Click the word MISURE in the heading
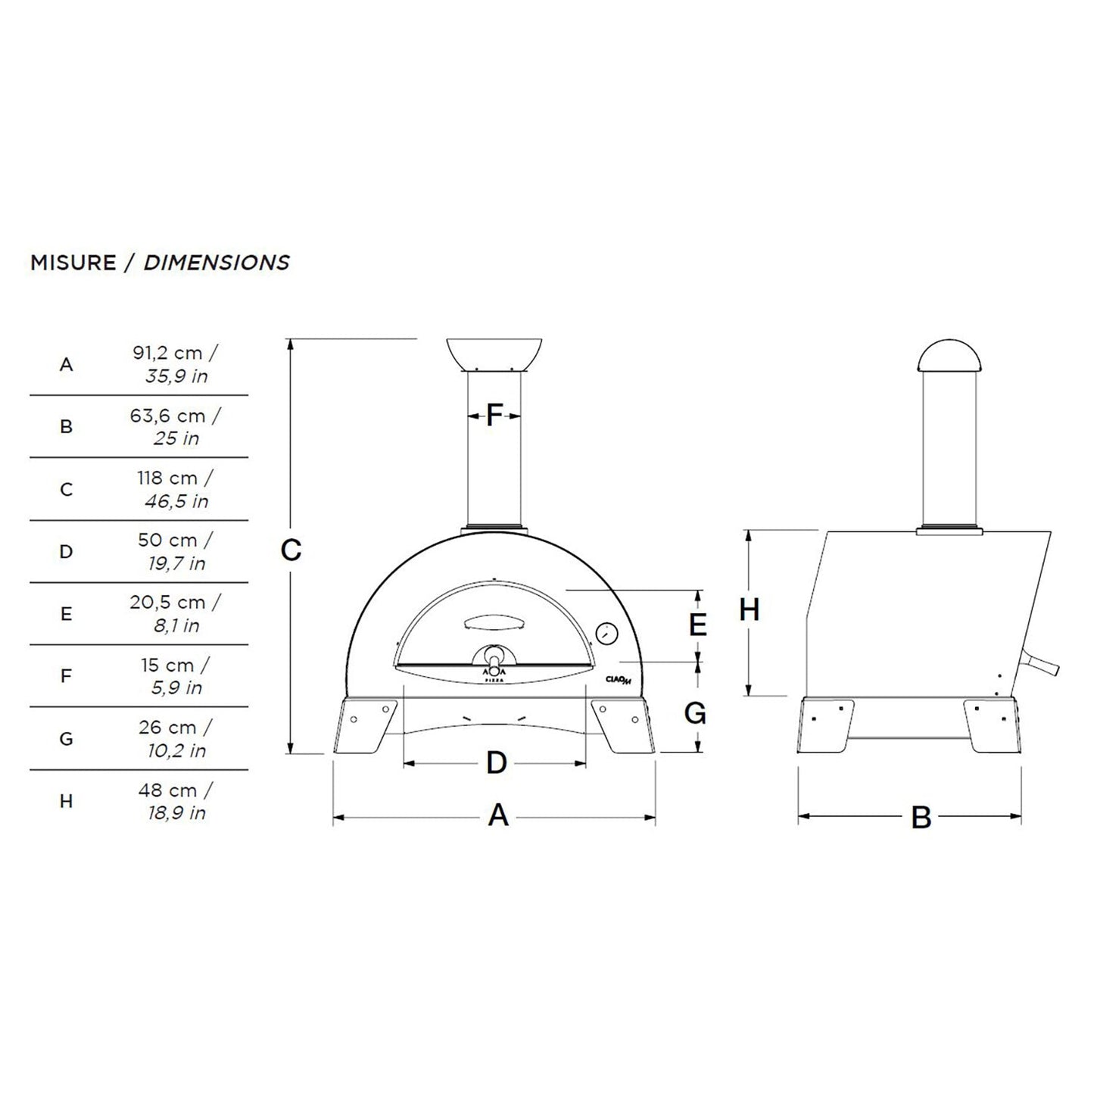(x=73, y=263)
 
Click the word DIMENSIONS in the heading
(x=217, y=263)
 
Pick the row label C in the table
(x=67, y=489)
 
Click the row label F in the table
(x=67, y=676)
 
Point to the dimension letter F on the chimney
(x=494, y=415)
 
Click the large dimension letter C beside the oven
(x=291, y=550)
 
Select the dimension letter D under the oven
(x=496, y=763)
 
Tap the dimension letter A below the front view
(x=497, y=816)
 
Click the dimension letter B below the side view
(x=921, y=818)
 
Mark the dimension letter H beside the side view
(x=749, y=610)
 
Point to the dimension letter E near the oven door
(x=697, y=625)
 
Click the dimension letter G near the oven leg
(x=695, y=713)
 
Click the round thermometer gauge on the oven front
(x=607, y=633)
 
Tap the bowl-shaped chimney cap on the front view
(x=494, y=354)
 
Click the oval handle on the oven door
(x=492, y=621)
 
